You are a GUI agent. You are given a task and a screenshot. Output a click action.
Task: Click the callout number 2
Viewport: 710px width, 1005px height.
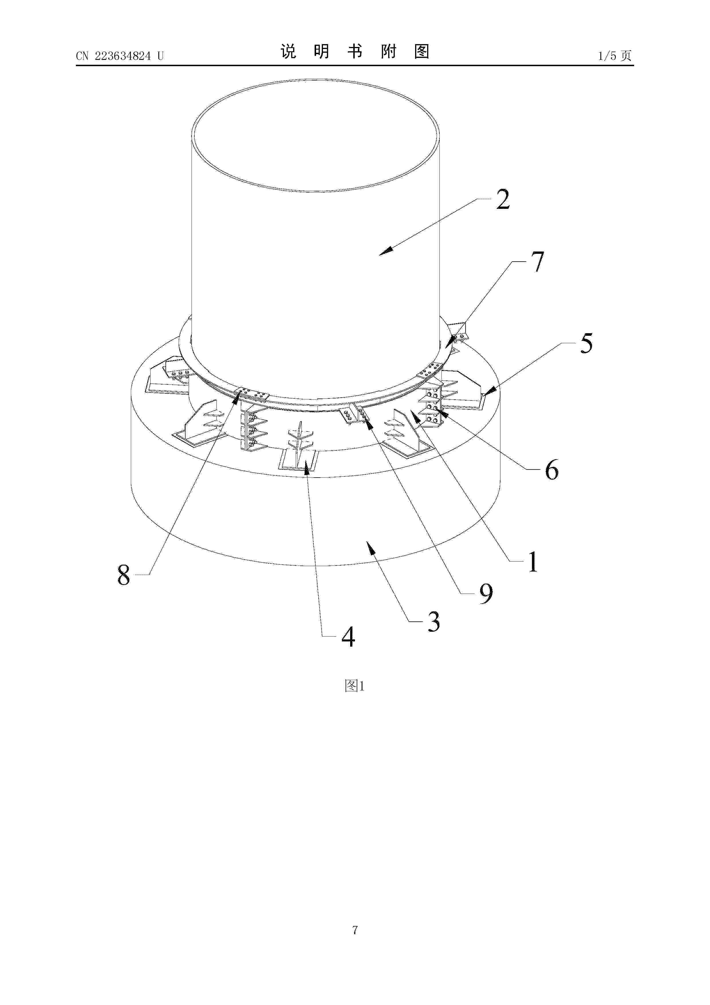pos(503,200)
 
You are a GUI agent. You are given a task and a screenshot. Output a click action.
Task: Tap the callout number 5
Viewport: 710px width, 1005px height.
pos(586,343)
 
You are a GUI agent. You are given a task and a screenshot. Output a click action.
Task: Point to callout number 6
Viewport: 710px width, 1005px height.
pos(552,470)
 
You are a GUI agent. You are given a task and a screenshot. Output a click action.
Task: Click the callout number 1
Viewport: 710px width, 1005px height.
pos(532,562)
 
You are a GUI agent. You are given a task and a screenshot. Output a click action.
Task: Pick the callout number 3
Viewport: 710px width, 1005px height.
pos(433,622)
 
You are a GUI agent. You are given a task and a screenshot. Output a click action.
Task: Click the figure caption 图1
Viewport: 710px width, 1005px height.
pos(355,686)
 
